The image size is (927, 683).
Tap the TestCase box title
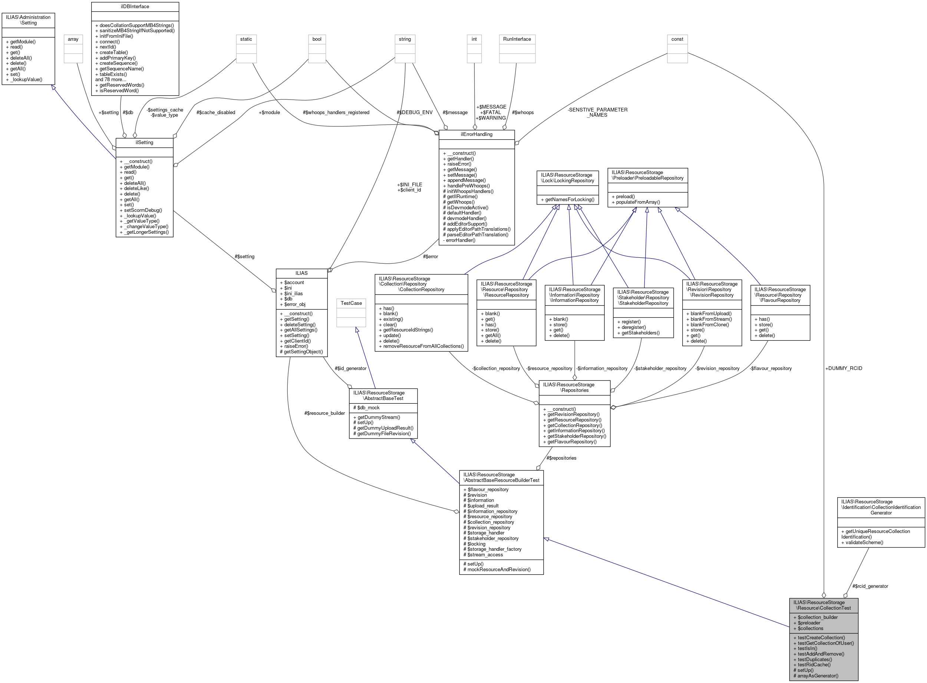[351, 303]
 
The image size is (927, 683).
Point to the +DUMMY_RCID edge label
[844, 369]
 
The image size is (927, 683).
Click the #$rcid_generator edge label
[870, 586]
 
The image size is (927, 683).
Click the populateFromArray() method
[636, 202]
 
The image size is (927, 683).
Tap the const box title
[677, 39]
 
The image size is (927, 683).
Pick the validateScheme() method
[862, 542]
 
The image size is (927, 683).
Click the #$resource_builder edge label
[324, 413]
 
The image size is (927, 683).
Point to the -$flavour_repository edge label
[770, 369]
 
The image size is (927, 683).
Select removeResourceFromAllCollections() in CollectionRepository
[421, 346]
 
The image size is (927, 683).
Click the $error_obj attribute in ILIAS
[295, 304]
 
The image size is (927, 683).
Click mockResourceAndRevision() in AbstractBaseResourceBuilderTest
[497, 569]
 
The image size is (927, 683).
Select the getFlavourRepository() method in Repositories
[572, 442]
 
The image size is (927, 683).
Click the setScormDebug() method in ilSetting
[143, 210]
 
